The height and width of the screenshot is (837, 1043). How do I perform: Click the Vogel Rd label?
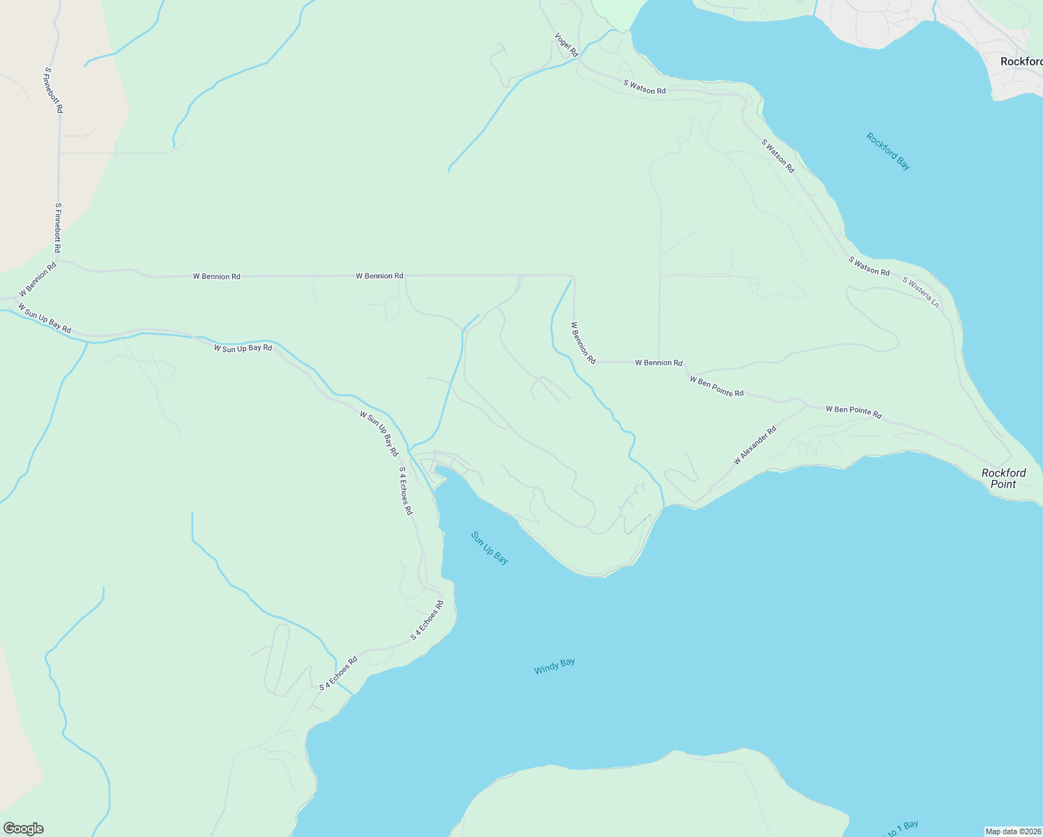coord(566,45)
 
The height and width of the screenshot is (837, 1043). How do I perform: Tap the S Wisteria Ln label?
coord(921,292)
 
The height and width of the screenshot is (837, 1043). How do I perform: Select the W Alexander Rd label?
coord(754,446)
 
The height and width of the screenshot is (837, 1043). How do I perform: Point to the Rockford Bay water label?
coord(888,151)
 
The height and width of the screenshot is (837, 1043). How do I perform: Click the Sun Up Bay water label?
coord(489,548)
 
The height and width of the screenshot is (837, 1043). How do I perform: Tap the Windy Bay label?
coord(554,666)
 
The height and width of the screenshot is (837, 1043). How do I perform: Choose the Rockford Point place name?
coord(1003,478)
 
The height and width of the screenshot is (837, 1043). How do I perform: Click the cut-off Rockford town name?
coord(1021,61)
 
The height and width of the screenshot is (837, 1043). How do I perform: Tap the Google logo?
coord(23,829)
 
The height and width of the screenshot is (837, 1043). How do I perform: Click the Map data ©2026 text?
coord(1013,831)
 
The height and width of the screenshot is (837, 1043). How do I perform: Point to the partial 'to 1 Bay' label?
coord(901,829)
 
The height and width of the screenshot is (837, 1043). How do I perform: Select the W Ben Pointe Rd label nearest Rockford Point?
coord(853,412)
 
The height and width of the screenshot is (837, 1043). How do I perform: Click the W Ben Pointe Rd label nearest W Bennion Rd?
coord(716,386)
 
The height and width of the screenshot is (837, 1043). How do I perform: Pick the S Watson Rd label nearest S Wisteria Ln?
coord(869,266)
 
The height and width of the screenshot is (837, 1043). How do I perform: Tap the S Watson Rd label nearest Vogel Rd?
coord(644,87)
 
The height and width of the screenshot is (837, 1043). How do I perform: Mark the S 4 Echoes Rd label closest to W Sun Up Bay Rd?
coord(405,491)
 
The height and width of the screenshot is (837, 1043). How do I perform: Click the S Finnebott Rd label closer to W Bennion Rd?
coord(58,228)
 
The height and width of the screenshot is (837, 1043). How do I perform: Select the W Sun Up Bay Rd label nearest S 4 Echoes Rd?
coord(379,433)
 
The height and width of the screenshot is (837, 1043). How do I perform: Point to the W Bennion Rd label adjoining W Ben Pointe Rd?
coord(658,363)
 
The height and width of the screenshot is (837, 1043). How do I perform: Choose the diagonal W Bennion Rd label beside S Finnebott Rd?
coord(38,280)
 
